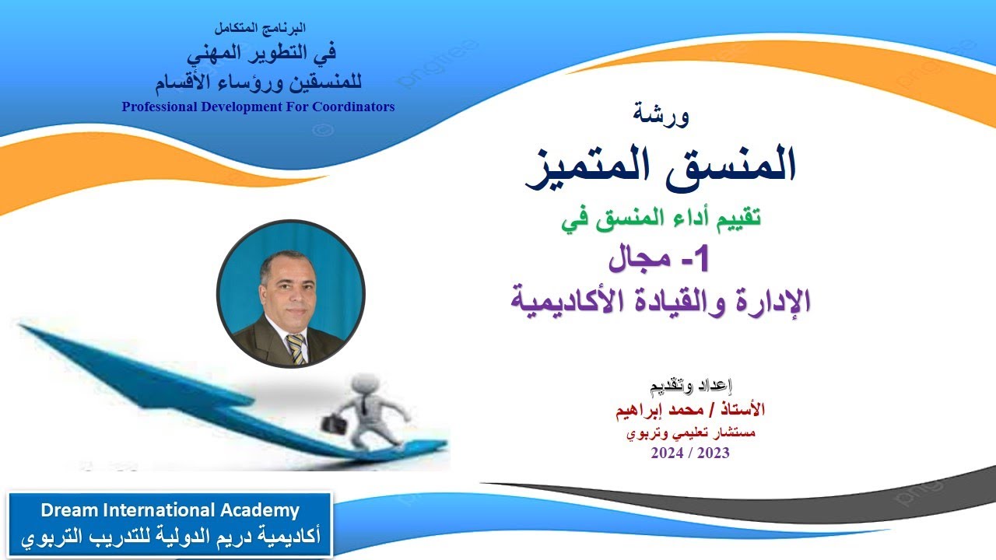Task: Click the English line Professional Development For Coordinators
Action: (258, 107)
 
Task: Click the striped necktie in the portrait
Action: (296, 349)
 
